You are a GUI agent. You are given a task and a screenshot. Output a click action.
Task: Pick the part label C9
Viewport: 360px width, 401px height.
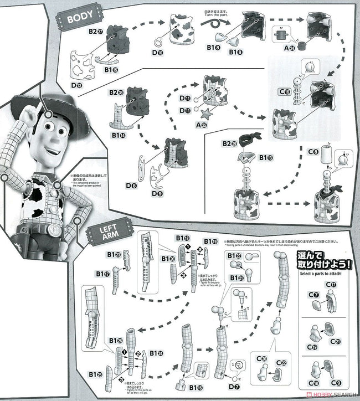[336, 382]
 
